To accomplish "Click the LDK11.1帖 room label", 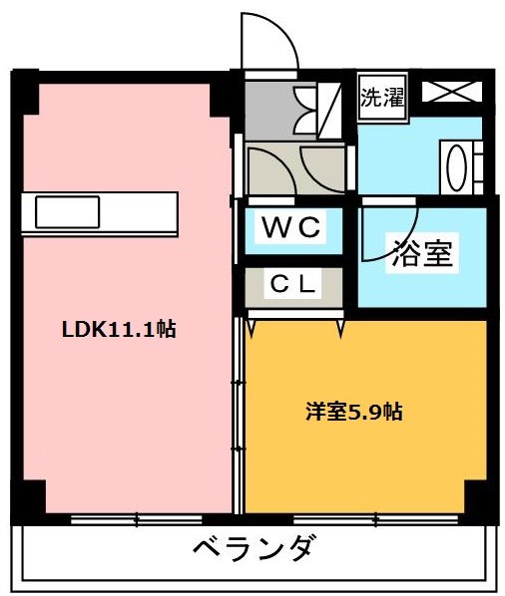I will [119, 330].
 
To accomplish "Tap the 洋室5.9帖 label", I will [354, 411].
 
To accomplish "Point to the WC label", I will [291, 228].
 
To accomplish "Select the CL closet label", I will [293, 284].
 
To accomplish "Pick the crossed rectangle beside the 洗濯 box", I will [451, 92].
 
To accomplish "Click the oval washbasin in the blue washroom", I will [460, 166].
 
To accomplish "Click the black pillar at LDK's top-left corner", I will [27, 92].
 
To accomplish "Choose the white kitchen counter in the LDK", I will [100, 212].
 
